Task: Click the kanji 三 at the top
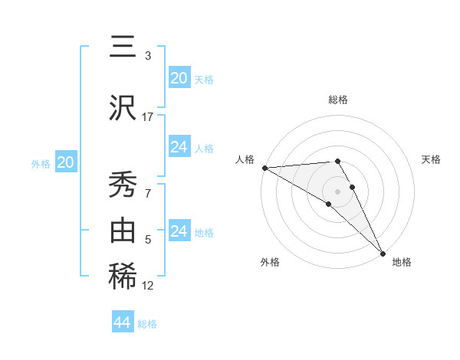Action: (122, 47)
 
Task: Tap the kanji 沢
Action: (122, 107)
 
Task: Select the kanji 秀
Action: (122, 184)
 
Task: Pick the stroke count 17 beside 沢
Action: (148, 116)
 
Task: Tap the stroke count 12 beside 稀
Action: (148, 286)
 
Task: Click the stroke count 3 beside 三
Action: (148, 56)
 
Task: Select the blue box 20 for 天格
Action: (179, 78)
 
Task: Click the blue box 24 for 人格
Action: (179, 147)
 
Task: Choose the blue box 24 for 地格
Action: (179, 231)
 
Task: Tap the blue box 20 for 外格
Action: (65, 162)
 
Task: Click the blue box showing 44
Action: (122, 322)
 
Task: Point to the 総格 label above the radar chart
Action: (337, 100)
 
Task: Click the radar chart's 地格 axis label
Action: (402, 262)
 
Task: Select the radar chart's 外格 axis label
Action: (270, 262)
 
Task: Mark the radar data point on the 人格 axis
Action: (264, 167)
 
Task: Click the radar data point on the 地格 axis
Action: (382, 252)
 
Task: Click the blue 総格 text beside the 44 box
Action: (147, 324)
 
